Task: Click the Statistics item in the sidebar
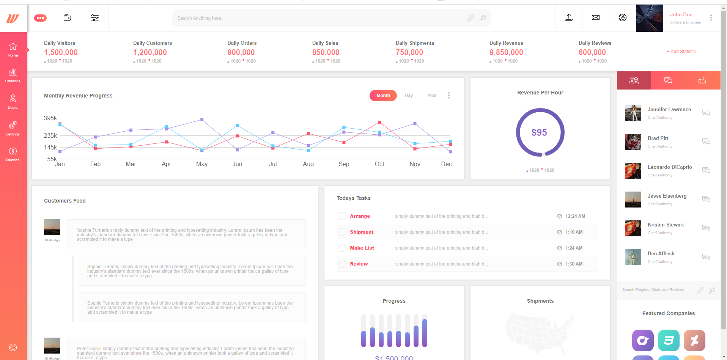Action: pos(13,75)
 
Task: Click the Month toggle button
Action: pos(383,96)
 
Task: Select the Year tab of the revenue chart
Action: pos(432,96)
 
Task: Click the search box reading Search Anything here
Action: pos(319,18)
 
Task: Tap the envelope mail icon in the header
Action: pos(596,18)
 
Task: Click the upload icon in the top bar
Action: pos(569,18)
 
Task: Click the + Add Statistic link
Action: pos(681,52)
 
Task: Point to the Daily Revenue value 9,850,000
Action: pos(506,52)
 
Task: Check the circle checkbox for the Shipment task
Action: pos(342,232)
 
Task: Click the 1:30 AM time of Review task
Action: pos(574,264)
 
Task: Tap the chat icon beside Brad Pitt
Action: pos(706,141)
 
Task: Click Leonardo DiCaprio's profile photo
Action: pos(633,171)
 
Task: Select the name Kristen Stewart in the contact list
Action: pos(666,225)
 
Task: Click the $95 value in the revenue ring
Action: pos(539,132)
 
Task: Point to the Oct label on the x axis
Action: pos(379,164)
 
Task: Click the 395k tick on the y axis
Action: pos(50,118)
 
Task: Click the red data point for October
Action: pos(379,122)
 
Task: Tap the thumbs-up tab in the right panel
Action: pos(702,80)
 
